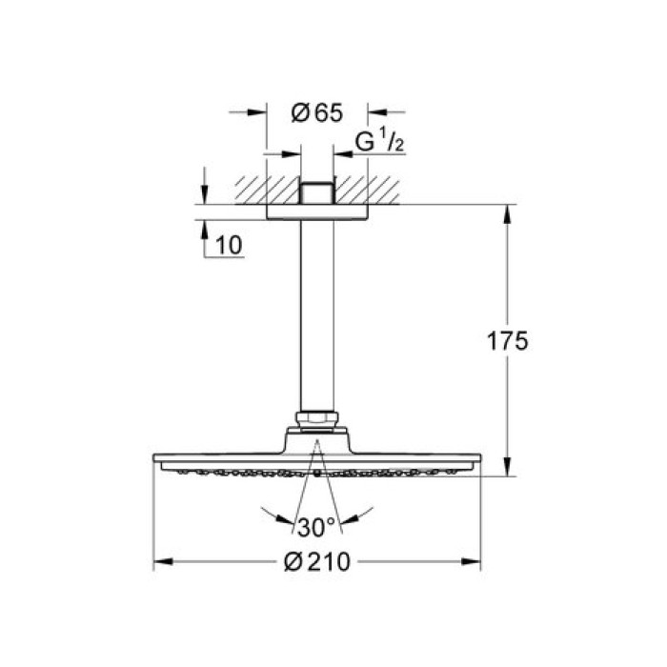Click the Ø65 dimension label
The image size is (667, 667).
[x=315, y=113]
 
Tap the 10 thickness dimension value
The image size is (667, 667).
[x=229, y=245]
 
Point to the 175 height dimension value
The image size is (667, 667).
[x=506, y=341]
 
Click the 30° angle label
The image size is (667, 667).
[x=315, y=524]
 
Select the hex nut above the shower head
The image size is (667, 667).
[x=314, y=419]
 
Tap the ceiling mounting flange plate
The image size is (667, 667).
[x=314, y=212]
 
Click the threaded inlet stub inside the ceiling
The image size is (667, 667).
[x=314, y=193]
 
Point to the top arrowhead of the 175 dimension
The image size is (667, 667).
[x=505, y=212]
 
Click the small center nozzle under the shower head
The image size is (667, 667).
[x=314, y=472]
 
